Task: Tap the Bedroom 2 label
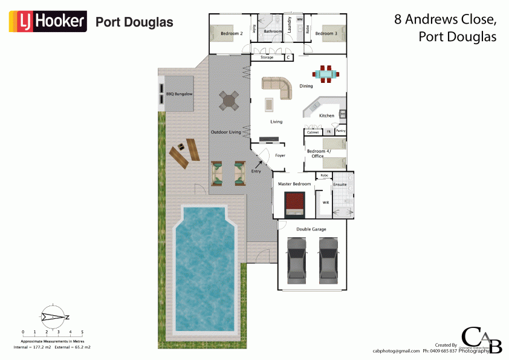pos(232,34)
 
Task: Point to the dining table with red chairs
pos(326,75)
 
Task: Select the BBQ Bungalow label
pos(179,94)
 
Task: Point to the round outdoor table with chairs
pos(230,101)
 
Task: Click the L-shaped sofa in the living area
pos(278,86)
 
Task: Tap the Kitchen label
pos(326,116)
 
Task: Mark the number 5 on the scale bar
pos(82,332)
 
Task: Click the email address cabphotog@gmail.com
pos(396,351)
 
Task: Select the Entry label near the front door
pos(257,172)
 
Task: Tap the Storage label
pos(267,57)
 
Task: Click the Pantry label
pos(340,131)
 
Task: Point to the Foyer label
pos(280,155)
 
